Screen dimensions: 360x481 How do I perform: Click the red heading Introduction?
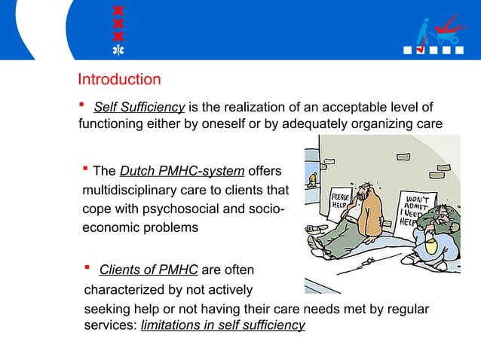(x=119, y=79)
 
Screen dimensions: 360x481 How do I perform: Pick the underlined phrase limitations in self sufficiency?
(x=223, y=325)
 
